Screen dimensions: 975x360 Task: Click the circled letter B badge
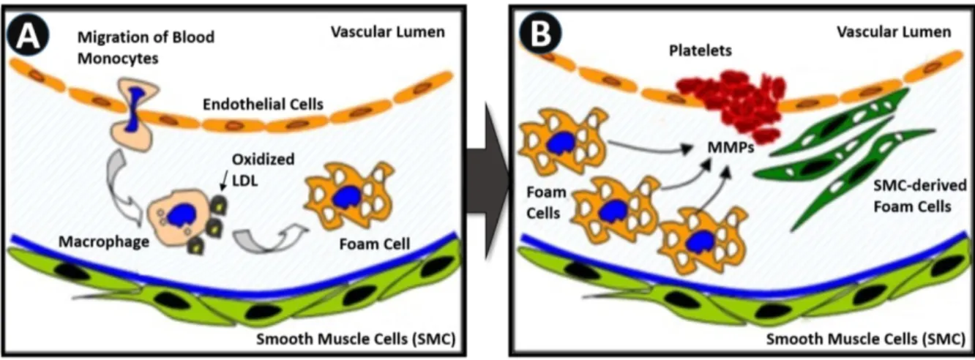click(540, 33)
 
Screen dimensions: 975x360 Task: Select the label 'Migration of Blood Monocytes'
click(146, 48)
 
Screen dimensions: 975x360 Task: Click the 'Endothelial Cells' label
click(263, 105)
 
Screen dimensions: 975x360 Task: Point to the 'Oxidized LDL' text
click(263, 170)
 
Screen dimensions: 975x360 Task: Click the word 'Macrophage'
click(104, 242)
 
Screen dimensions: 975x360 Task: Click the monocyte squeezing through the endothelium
click(134, 114)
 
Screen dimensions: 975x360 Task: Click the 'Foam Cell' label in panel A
click(374, 244)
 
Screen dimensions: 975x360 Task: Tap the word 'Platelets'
click(701, 51)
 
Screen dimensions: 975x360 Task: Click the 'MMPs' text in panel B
click(731, 148)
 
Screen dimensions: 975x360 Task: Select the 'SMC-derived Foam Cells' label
click(919, 196)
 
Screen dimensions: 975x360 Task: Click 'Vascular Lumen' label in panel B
click(893, 31)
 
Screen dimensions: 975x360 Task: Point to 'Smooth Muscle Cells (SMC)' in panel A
click(356, 339)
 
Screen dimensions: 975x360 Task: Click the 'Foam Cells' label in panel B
click(546, 203)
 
